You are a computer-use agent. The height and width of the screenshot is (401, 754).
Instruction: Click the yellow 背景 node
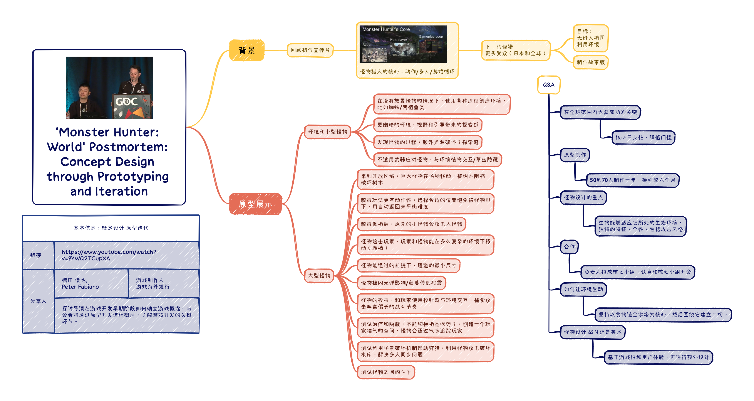pyautogui.click(x=247, y=50)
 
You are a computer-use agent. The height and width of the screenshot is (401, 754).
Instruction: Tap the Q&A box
pyautogui.click(x=548, y=85)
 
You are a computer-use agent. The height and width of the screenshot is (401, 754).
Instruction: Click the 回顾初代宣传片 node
pyautogui.click(x=310, y=50)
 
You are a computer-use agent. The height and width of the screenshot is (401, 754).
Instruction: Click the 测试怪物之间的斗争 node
pyautogui.click(x=386, y=372)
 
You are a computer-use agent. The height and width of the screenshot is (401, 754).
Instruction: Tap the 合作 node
pyautogui.click(x=569, y=247)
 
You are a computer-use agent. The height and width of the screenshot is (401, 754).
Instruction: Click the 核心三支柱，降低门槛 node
pyautogui.click(x=643, y=137)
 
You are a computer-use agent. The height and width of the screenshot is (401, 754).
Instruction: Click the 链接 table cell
pyautogui.click(x=36, y=255)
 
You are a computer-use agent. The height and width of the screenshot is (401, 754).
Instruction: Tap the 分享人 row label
pyautogui.click(x=38, y=301)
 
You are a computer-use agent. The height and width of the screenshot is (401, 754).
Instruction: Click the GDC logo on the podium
pyautogui.click(x=126, y=102)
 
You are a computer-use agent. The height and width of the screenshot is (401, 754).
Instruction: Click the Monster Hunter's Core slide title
pyautogui.click(x=386, y=29)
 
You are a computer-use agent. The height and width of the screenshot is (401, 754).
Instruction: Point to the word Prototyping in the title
pyautogui.click(x=133, y=177)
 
